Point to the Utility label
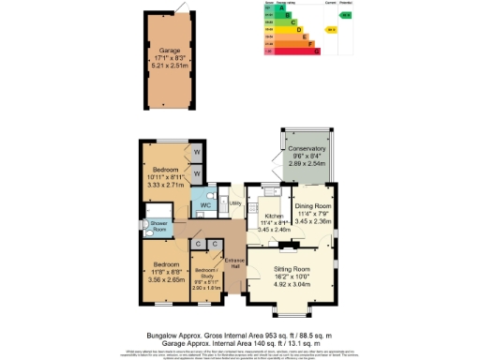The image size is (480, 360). point(234,202)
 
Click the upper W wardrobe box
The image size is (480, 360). point(198,152)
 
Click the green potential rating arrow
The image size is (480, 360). point(345,16)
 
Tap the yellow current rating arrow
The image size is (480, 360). point(330,29)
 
